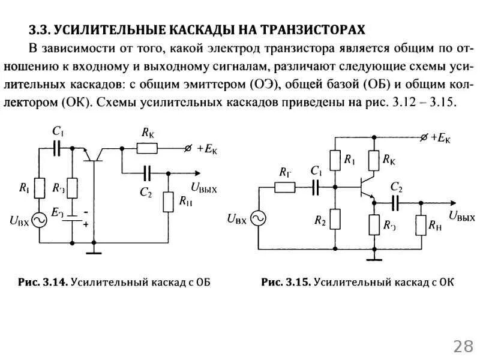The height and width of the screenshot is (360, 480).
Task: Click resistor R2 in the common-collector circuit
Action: point(335,220)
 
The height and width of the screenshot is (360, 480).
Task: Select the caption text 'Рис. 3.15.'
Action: point(286,281)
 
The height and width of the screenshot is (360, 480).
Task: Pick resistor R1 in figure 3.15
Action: point(335,161)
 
